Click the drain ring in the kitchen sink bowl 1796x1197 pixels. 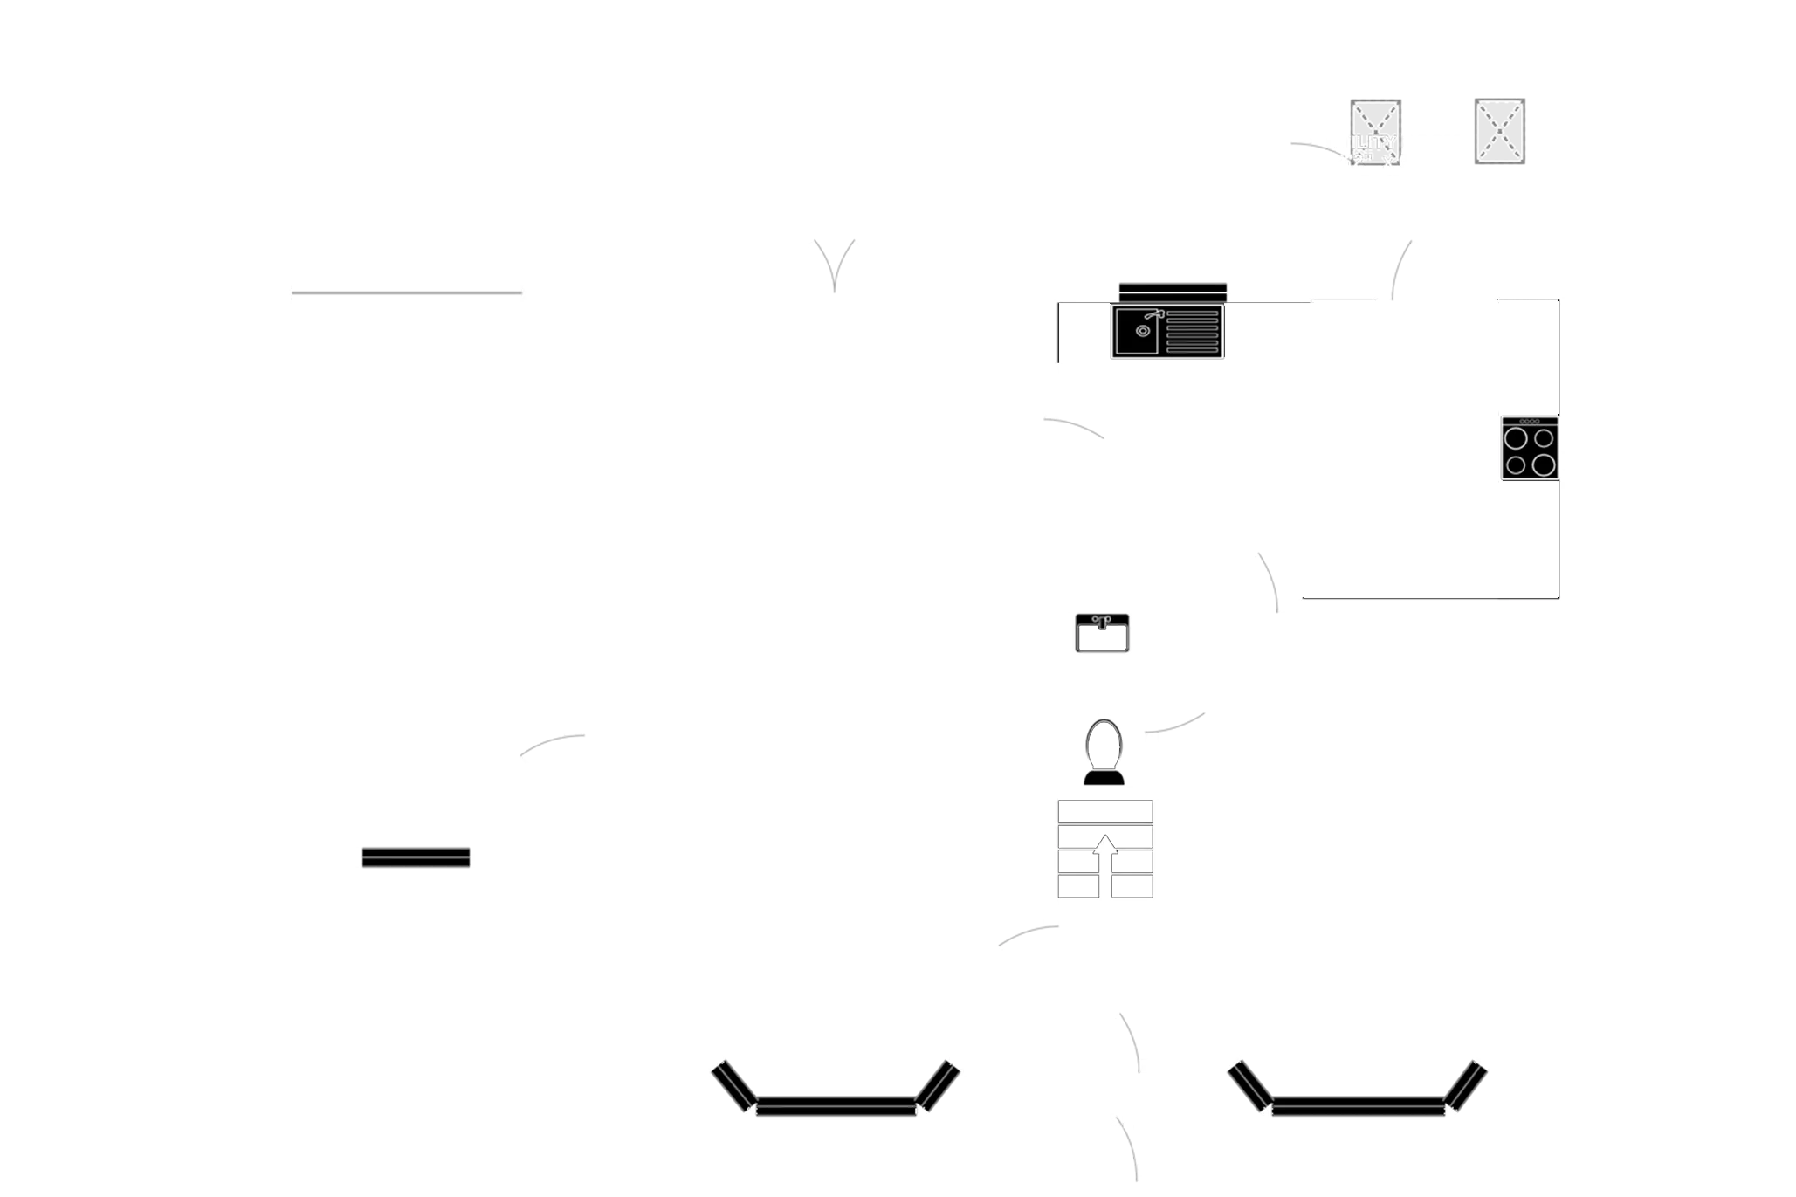click(1142, 331)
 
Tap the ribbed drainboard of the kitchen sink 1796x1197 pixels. click(1192, 331)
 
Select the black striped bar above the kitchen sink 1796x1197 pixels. click(1173, 290)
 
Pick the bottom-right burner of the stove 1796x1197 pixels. click(1544, 464)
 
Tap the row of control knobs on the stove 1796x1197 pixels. click(1529, 422)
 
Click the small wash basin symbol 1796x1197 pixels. click(1102, 634)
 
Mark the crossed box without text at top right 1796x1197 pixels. click(1498, 133)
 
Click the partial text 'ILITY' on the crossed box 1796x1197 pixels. click(1373, 142)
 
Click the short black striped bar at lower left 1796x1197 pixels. click(416, 858)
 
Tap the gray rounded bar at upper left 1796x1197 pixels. click(406, 293)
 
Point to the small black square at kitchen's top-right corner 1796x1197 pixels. click(1554, 304)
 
